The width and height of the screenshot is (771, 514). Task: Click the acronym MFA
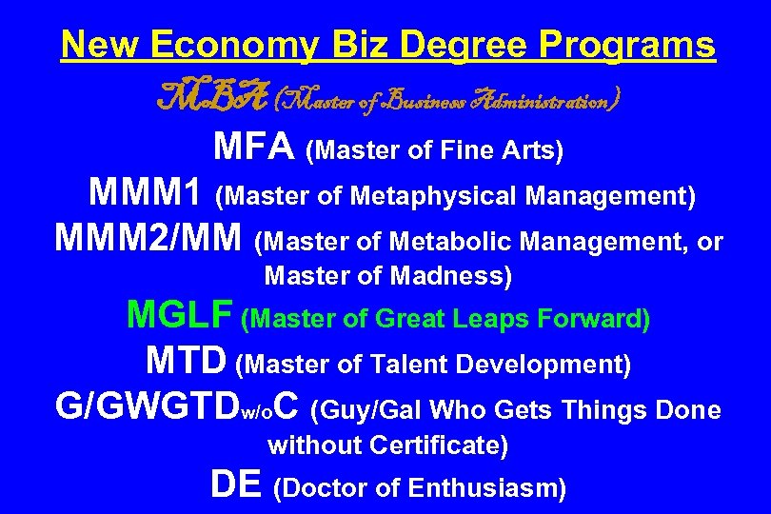(254, 148)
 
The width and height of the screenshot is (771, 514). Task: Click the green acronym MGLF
(181, 315)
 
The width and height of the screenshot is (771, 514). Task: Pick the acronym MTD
(187, 361)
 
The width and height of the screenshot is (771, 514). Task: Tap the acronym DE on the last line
(235, 484)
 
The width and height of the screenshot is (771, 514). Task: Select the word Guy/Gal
(367, 410)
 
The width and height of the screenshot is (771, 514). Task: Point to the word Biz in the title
(351, 44)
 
